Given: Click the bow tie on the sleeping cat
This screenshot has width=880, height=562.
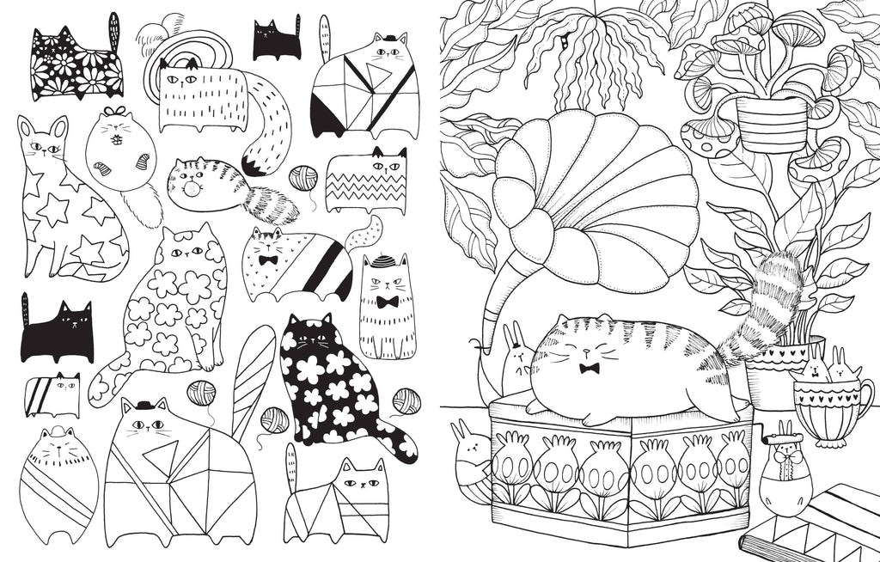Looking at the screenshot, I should click(x=590, y=369).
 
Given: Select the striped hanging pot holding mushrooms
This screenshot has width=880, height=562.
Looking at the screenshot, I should click(x=772, y=124).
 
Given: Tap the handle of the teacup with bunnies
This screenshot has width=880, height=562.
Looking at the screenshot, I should click(x=864, y=400).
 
